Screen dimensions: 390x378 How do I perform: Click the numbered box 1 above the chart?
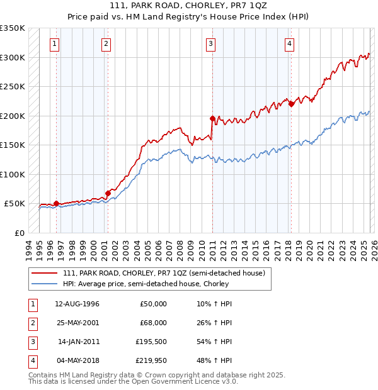coord(55,44)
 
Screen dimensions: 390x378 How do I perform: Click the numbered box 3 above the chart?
coord(210,44)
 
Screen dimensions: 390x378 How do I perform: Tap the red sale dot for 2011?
coord(212,118)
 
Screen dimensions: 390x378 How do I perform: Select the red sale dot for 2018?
coord(291,104)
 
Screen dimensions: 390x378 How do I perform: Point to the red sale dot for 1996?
coord(57,203)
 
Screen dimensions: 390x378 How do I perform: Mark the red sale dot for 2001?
coord(108,192)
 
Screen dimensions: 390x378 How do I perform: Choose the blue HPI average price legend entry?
coord(146,284)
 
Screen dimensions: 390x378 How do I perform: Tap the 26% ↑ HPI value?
coord(215,323)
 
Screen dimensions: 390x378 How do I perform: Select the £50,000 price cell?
coord(153,304)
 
